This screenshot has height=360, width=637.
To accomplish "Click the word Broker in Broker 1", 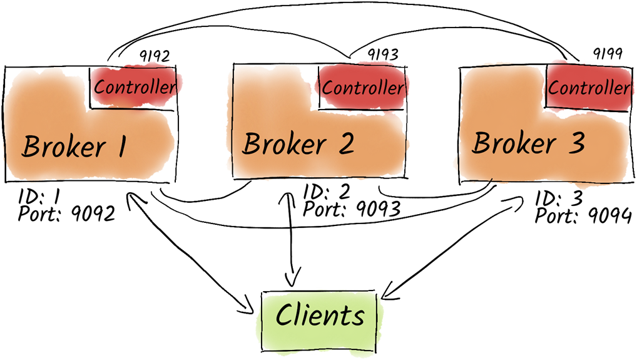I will [64, 147].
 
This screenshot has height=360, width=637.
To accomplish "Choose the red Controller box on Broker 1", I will [136, 87].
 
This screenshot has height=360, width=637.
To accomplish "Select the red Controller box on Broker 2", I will [363, 87].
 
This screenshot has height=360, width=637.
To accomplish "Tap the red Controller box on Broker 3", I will [589, 87].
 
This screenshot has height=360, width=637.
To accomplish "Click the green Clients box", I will [320, 316].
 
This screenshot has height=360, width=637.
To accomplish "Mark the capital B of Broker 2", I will [252, 144].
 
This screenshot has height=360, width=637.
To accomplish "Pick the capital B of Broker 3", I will [482, 143].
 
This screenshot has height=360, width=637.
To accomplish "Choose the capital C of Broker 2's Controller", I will [328, 88].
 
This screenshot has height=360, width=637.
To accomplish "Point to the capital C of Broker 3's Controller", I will [554, 88].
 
